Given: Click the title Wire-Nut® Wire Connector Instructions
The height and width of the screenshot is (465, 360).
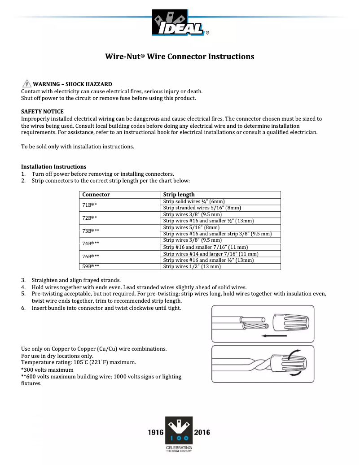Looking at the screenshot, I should click(180, 56).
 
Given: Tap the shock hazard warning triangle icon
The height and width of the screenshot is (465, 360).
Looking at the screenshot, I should click(27, 84).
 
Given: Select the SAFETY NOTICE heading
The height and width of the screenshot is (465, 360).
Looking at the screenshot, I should click(42, 111).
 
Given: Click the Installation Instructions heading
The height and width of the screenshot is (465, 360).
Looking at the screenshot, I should click(53, 166).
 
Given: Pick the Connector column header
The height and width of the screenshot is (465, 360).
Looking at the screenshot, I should click(96, 195).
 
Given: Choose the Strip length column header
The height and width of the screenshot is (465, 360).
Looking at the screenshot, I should click(179, 195).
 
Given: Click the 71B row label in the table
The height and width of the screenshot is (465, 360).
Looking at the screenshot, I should click(90, 204).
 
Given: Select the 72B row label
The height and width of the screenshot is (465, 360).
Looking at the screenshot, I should click(90, 217).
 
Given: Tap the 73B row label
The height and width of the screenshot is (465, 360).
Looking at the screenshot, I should click(91, 230).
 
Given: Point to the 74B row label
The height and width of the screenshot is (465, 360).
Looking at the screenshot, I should click(91, 243).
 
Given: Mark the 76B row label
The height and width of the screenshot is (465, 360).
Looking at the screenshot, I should click(91, 256).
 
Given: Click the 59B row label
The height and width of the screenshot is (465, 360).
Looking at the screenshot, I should click(91, 266).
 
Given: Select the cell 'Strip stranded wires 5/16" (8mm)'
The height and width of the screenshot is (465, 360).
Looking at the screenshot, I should click(202, 208).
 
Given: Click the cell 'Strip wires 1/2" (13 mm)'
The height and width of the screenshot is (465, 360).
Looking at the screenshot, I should click(192, 266).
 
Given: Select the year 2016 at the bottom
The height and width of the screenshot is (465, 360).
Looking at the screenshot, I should click(202, 433).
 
